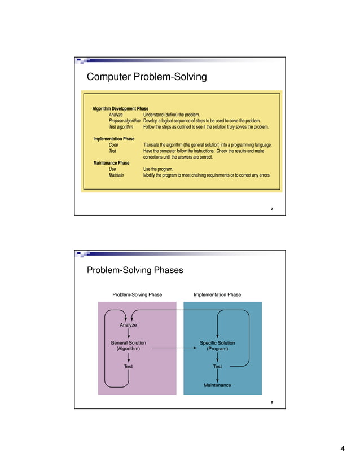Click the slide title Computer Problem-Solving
pyautogui.click(x=146, y=76)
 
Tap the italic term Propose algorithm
pyautogui.click(x=124, y=121)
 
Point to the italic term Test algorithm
pyautogui.click(x=121, y=127)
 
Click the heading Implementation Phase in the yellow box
pyautogui.click(x=113, y=139)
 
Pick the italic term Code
pyautogui.click(x=113, y=145)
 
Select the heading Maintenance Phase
pyautogui.click(x=111, y=163)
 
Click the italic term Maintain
pyautogui.click(x=116, y=175)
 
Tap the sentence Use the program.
pyautogui.click(x=159, y=169)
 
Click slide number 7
pyautogui.click(x=272, y=209)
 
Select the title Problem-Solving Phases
pyautogui.click(x=135, y=270)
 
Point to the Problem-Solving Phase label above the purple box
pyautogui.click(x=137, y=294)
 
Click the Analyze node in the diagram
pyautogui.click(x=128, y=325)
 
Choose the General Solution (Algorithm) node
pyautogui.click(x=128, y=346)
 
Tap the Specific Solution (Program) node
pyautogui.click(x=217, y=346)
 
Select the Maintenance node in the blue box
pyautogui.click(x=217, y=385)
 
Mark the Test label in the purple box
pyautogui.click(x=128, y=367)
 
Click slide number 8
pyautogui.click(x=272, y=402)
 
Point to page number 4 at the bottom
pyautogui.click(x=342, y=449)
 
